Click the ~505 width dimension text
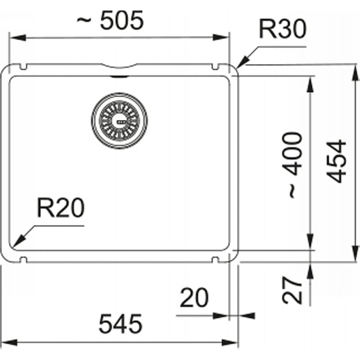110,20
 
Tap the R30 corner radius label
283,29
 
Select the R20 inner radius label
61,207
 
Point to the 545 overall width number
120,324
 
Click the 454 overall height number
336,161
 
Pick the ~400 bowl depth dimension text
292,165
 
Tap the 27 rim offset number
292,290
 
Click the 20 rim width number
194,297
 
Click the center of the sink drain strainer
119,121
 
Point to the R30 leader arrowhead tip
237,68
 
